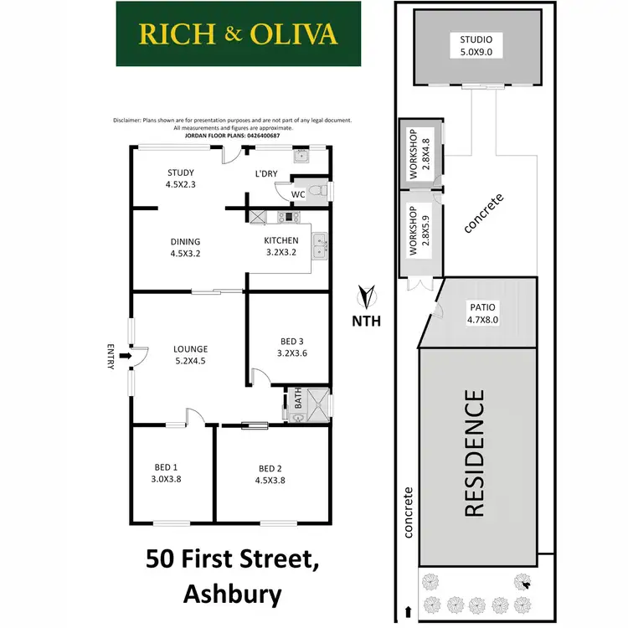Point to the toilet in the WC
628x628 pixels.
point(317,192)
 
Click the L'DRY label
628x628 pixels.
point(267,174)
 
